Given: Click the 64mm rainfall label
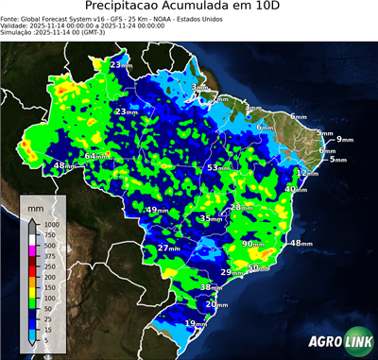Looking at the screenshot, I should point(96,156).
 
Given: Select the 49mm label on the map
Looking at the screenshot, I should point(157,210).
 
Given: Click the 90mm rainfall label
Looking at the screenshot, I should point(254,244).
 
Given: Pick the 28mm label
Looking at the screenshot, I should point(242,207).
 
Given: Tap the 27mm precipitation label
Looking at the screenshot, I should point(168,248).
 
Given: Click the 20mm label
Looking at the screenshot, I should point(216,304).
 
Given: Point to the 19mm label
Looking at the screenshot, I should point(196,323).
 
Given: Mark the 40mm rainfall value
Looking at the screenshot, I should point(296,189).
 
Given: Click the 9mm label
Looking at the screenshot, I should point(343,139).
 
